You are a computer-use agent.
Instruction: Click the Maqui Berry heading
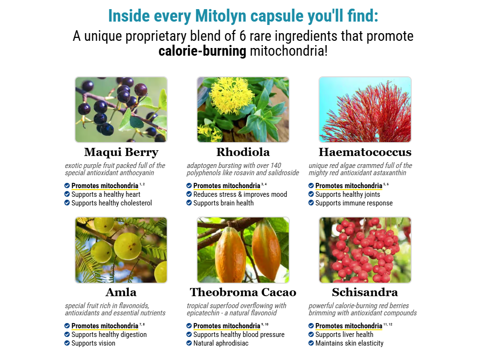coord(121,152)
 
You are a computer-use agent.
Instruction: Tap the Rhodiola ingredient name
coord(243,152)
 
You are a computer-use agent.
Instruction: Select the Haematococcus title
coord(365,152)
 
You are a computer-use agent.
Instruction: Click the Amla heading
coord(121,292)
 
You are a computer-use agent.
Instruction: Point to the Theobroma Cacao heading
coord(243,292)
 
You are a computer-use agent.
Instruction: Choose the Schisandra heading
coord(365,292)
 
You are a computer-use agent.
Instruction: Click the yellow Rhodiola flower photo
coord(243,109)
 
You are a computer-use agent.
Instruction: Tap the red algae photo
coord(365,109)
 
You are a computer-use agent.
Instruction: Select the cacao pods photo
coord(243,250)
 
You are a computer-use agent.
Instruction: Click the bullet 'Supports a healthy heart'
coord(106,194)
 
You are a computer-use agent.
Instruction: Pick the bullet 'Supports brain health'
coord(223,203)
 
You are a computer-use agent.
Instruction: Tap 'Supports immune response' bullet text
coord(354,203)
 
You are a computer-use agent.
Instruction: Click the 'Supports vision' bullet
coord(93,343)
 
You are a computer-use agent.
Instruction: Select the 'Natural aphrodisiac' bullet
coord(221,343)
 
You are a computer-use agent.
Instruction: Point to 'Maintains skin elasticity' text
coord(349,343)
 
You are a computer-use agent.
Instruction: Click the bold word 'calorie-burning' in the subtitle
coord(202,51)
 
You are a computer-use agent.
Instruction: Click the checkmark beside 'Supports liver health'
coord(311,335)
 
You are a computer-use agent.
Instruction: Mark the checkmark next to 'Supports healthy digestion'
coord(67,335)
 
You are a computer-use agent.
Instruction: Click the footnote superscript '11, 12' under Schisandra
coord(388,324)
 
